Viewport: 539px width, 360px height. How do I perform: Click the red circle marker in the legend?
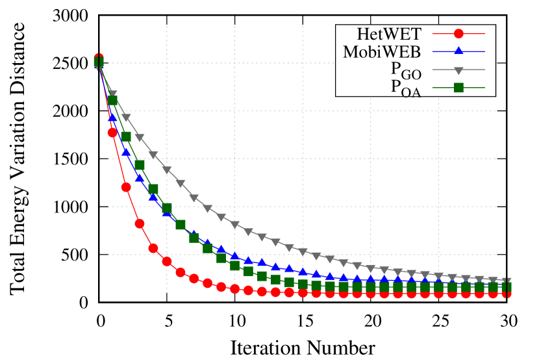(x=458, y=34)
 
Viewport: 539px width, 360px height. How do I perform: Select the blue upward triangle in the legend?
(x=458, y=51)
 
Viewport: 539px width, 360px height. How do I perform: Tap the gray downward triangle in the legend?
(x=458, y=70)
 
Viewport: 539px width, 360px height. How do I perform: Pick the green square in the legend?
(x=458, y=87)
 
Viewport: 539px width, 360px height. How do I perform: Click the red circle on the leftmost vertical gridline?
(x=167, y=261)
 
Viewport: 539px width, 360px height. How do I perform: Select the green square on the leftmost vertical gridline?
(x=167, y=209)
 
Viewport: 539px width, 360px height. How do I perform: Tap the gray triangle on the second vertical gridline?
(x=235, y=225)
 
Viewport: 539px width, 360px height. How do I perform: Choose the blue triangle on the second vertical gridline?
(x=235, y=255)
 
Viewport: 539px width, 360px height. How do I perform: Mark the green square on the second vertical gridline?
(x=235, y=265)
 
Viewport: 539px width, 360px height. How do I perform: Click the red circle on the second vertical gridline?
(x=235, y=289)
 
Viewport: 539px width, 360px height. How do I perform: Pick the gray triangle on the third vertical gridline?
(x=303, y=251)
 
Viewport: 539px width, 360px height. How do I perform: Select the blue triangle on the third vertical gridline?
(x=303, y=272)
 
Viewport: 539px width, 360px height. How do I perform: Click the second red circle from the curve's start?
(x=112, y=133)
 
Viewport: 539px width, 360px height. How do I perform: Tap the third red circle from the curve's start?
(x=126, y=187)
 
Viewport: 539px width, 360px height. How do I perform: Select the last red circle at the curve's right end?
(x=507, y=293)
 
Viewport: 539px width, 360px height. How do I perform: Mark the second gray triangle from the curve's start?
(x=112, y=95)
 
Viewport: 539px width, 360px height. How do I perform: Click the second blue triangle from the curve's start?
(x=112, y=118)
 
